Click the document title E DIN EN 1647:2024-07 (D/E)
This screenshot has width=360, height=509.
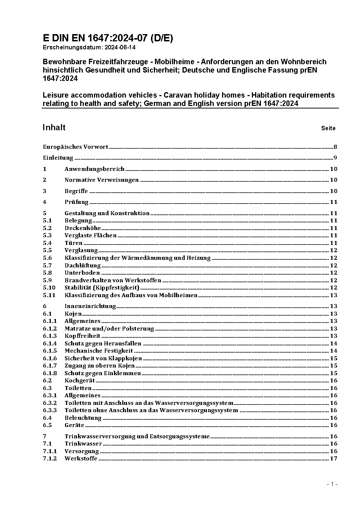(x=108, y=38)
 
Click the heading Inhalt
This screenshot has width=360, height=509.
(x=54, y=127)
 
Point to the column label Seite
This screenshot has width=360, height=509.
(x=328, y=128)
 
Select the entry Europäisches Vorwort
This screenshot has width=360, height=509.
(x=75, y=147)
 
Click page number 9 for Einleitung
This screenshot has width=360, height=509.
(x=335, y=158)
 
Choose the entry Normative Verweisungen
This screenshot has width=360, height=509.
(x=102, y=180)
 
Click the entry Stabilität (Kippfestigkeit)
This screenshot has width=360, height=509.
(x=102, y=288)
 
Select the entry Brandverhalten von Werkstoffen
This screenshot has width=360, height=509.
(x=113, y=280)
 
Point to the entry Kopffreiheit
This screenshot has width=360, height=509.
(x=82, y=336)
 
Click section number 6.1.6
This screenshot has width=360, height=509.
(x=50, y=358)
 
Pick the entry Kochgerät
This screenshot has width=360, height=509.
(x=80, y=381)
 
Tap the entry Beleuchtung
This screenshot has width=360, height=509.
(x=83, y=418)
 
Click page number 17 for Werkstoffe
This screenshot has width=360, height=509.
(x=334, y=459)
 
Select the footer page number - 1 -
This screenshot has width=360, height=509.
(x=332, y=484)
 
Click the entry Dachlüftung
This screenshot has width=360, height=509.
(x=83, y=266)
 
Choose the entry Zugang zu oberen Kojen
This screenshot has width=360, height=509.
(x=100, y=366)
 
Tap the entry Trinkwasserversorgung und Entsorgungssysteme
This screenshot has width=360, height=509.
(x=137, y=436)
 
